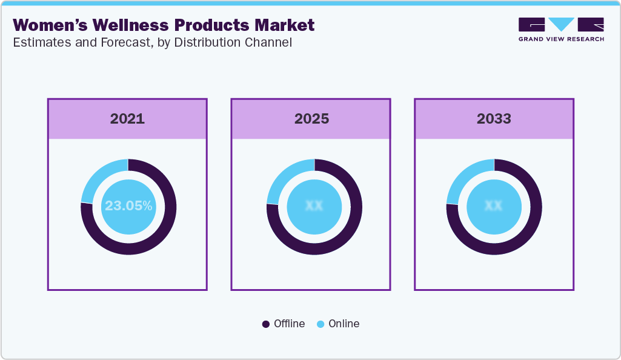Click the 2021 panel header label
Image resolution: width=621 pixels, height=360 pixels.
[127, 119]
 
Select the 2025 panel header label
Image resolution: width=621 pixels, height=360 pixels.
[311, 119]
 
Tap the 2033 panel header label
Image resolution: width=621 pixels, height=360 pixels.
[494, 119]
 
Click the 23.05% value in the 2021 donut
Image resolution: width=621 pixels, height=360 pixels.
[128, 206]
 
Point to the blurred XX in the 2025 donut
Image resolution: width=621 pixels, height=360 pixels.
[314, 206]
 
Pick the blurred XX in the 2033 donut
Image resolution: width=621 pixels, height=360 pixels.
[494, 206]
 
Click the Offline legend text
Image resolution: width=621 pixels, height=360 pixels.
[289, 324]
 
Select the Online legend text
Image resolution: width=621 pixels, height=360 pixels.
[344, 324]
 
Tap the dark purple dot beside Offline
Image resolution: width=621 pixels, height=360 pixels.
[266, 324]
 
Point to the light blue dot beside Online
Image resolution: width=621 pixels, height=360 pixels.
[320, 324]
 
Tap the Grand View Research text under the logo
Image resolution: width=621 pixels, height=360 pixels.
[561, 39]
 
